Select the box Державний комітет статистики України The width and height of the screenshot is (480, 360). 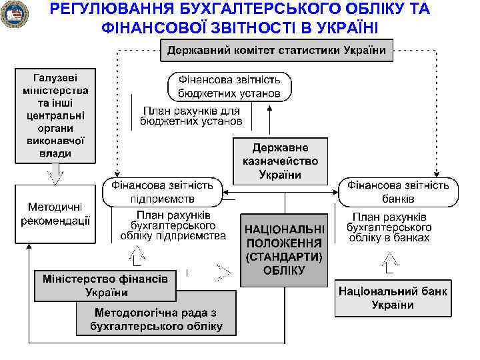click(x=277, y=51)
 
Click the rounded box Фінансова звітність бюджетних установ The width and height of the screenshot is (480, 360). click(x=229, y=87)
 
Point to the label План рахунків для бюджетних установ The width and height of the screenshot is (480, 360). click(x=191, y=117)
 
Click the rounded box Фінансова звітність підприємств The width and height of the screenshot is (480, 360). click(x=162, y=191)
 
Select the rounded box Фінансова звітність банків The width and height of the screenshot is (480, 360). click(x=399, y=191)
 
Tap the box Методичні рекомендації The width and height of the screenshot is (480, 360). click(x=55, y=215)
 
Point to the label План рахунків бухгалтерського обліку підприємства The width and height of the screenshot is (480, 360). click(x=173, y=226)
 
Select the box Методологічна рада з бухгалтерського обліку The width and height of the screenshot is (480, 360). click(x=157, y=319)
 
